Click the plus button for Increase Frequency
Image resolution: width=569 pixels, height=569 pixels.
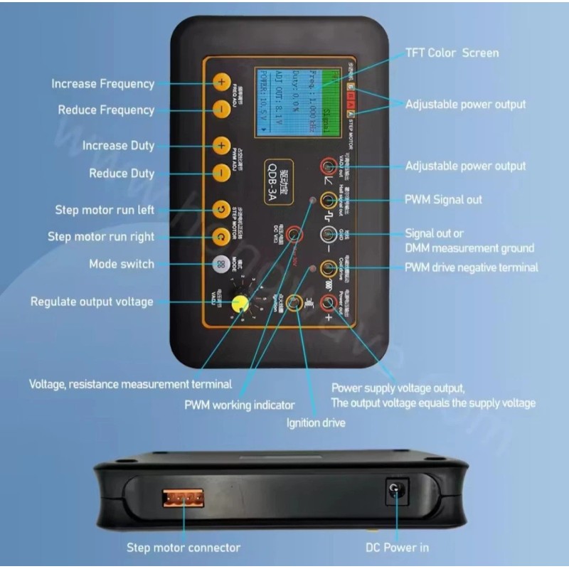click(x=220, y=83)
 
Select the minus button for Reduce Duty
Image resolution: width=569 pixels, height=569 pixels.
click(x=220, y=172)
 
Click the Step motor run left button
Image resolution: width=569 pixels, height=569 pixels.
click(x=220, y=210)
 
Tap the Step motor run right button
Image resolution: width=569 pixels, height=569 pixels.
click(x=220, y=236)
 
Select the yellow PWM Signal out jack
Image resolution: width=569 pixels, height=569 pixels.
click(x=328, y=200)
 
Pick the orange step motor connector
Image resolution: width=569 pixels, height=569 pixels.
click(x=183, y=497)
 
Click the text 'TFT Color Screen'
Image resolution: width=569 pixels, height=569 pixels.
click(x=452, y=53)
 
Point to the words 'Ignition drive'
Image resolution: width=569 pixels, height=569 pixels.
click(x=315, y=423)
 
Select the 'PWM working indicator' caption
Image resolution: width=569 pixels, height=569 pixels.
click(x=239, y=405)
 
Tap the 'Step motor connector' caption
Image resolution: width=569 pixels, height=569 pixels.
click(x=184, y=548)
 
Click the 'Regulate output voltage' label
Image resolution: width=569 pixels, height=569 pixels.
click(x=92, y=302)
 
